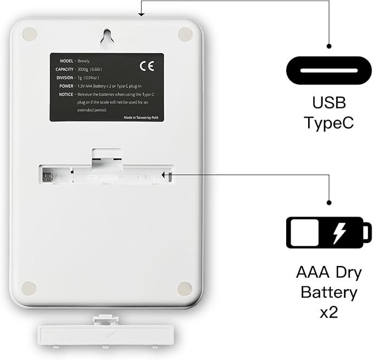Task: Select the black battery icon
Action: click(327, 233)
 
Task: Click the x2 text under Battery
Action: click(329, 312)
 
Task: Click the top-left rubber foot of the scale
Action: click(30, 34)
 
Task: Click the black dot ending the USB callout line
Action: click(330, 47)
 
